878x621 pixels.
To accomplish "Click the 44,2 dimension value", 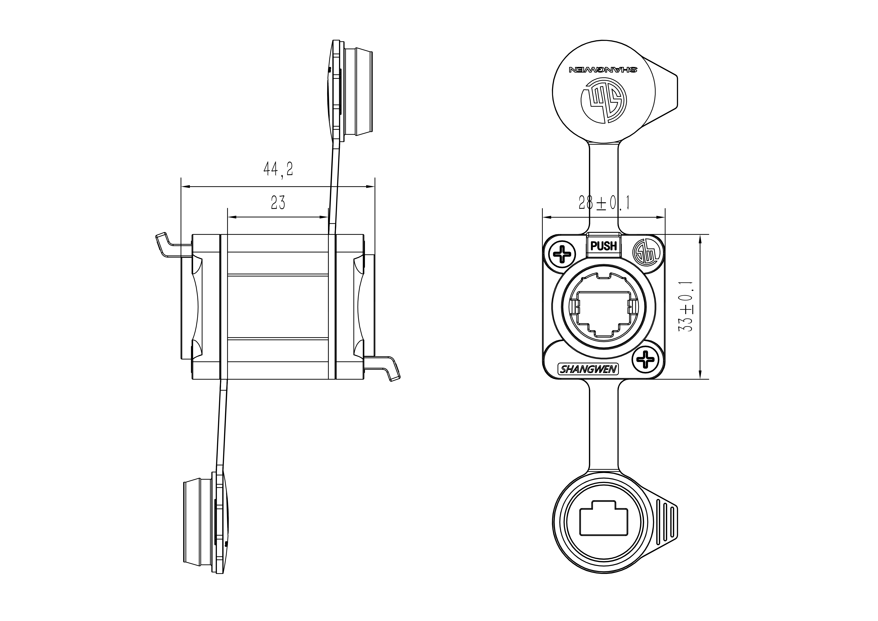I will (x=278, y=169).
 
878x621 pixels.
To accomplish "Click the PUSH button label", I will (x=603, y=246).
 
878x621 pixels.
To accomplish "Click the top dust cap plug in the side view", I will (x=358, y=92).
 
